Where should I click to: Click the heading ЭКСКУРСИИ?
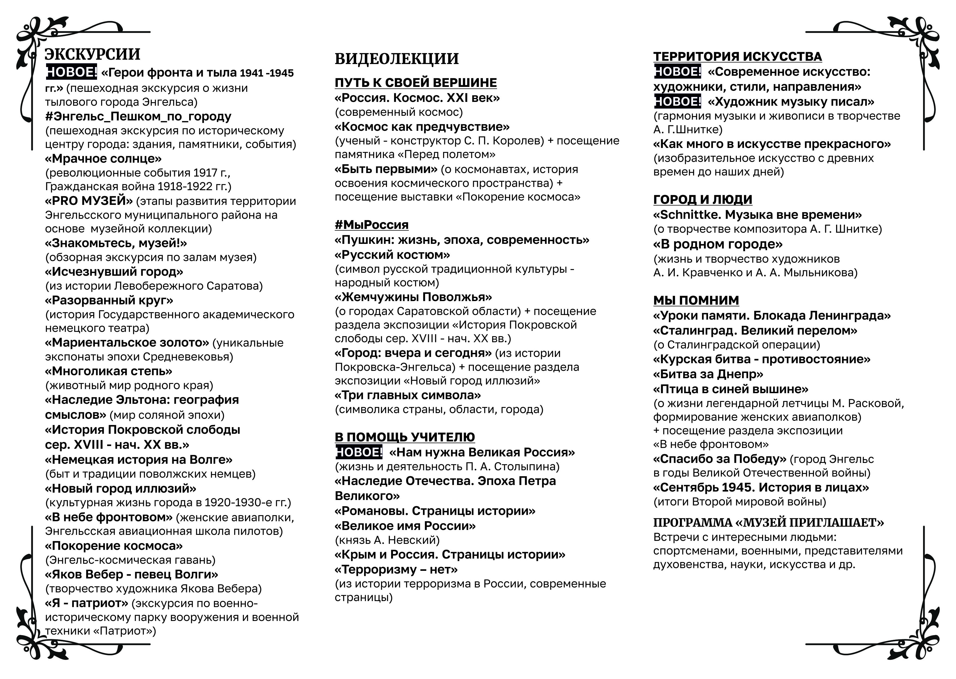click(x=92, y=54)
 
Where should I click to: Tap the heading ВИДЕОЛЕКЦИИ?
click(x=397, y=59)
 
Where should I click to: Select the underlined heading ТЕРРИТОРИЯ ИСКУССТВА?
click(x=737, y=56)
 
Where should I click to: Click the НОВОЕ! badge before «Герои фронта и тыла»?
click(x=71, y=72)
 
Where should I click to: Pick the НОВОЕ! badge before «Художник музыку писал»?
click(x=677, y=102)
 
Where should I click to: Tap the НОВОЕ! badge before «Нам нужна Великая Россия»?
click(x=359, y=452)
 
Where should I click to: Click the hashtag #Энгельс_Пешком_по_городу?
click(x=138, y=116)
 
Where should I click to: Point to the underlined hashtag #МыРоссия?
click(x=371, y=225)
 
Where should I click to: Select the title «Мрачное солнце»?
click(x=103, y=159)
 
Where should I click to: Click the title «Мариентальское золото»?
click(x=127, y=343)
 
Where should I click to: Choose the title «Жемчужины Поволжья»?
click(x=413, y=297)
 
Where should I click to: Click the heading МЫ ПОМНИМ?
click(x=696, y=300)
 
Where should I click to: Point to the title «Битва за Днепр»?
click(x=708, y=374)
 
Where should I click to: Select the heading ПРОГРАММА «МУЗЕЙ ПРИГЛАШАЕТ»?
click(x=768, y=523)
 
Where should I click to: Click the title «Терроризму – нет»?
click(x=396, y=569)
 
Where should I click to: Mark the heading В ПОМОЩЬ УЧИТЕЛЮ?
click(x=404, y=437)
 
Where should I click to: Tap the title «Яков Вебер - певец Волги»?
click(x=131, y=574)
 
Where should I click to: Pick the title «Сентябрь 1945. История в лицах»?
click(x=761, y=487)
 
